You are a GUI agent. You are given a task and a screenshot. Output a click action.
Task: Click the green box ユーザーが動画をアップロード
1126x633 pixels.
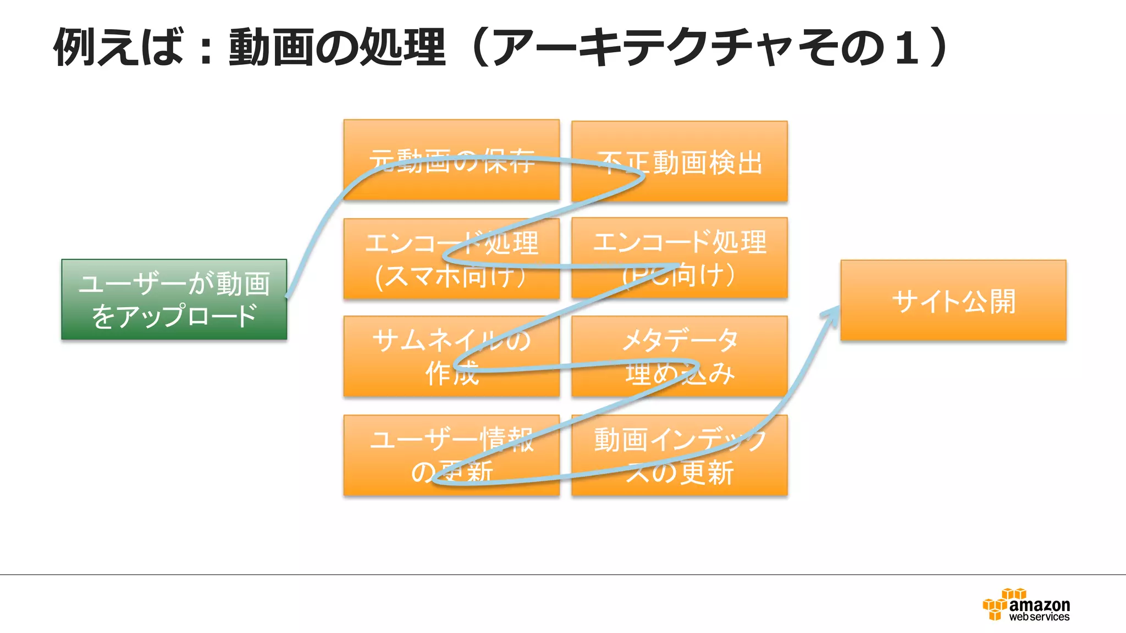click(x=174, y=299)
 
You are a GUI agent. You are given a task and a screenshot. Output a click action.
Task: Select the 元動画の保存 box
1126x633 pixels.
click(x=451, y=160)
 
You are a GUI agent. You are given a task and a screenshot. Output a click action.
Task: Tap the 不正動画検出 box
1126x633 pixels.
click(x=680, y=162)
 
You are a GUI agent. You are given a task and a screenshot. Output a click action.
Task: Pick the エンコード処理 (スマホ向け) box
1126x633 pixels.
click(x=451, y=259)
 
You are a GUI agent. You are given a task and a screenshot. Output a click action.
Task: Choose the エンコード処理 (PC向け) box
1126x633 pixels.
click(x=680, y=258)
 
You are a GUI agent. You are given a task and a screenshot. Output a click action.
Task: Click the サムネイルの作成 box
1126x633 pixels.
click(x=451, y=356)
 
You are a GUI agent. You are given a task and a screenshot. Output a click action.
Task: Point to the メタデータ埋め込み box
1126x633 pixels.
click(x=680, y=356)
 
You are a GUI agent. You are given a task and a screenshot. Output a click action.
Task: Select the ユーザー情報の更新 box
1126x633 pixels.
click(x=451, y=456)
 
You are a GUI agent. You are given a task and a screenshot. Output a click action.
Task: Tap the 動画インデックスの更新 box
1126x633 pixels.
click(x=680, y=456)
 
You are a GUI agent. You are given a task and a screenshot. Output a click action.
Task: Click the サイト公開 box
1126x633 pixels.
click(x=953, y=301)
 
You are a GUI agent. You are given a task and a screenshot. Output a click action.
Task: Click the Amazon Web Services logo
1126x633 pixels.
click(x=1026, y=605)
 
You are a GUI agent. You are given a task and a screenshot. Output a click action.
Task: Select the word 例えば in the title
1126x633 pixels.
click(x=118, y=47)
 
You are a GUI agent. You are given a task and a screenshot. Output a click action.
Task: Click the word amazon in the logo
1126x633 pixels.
click(x=1040, y=605)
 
